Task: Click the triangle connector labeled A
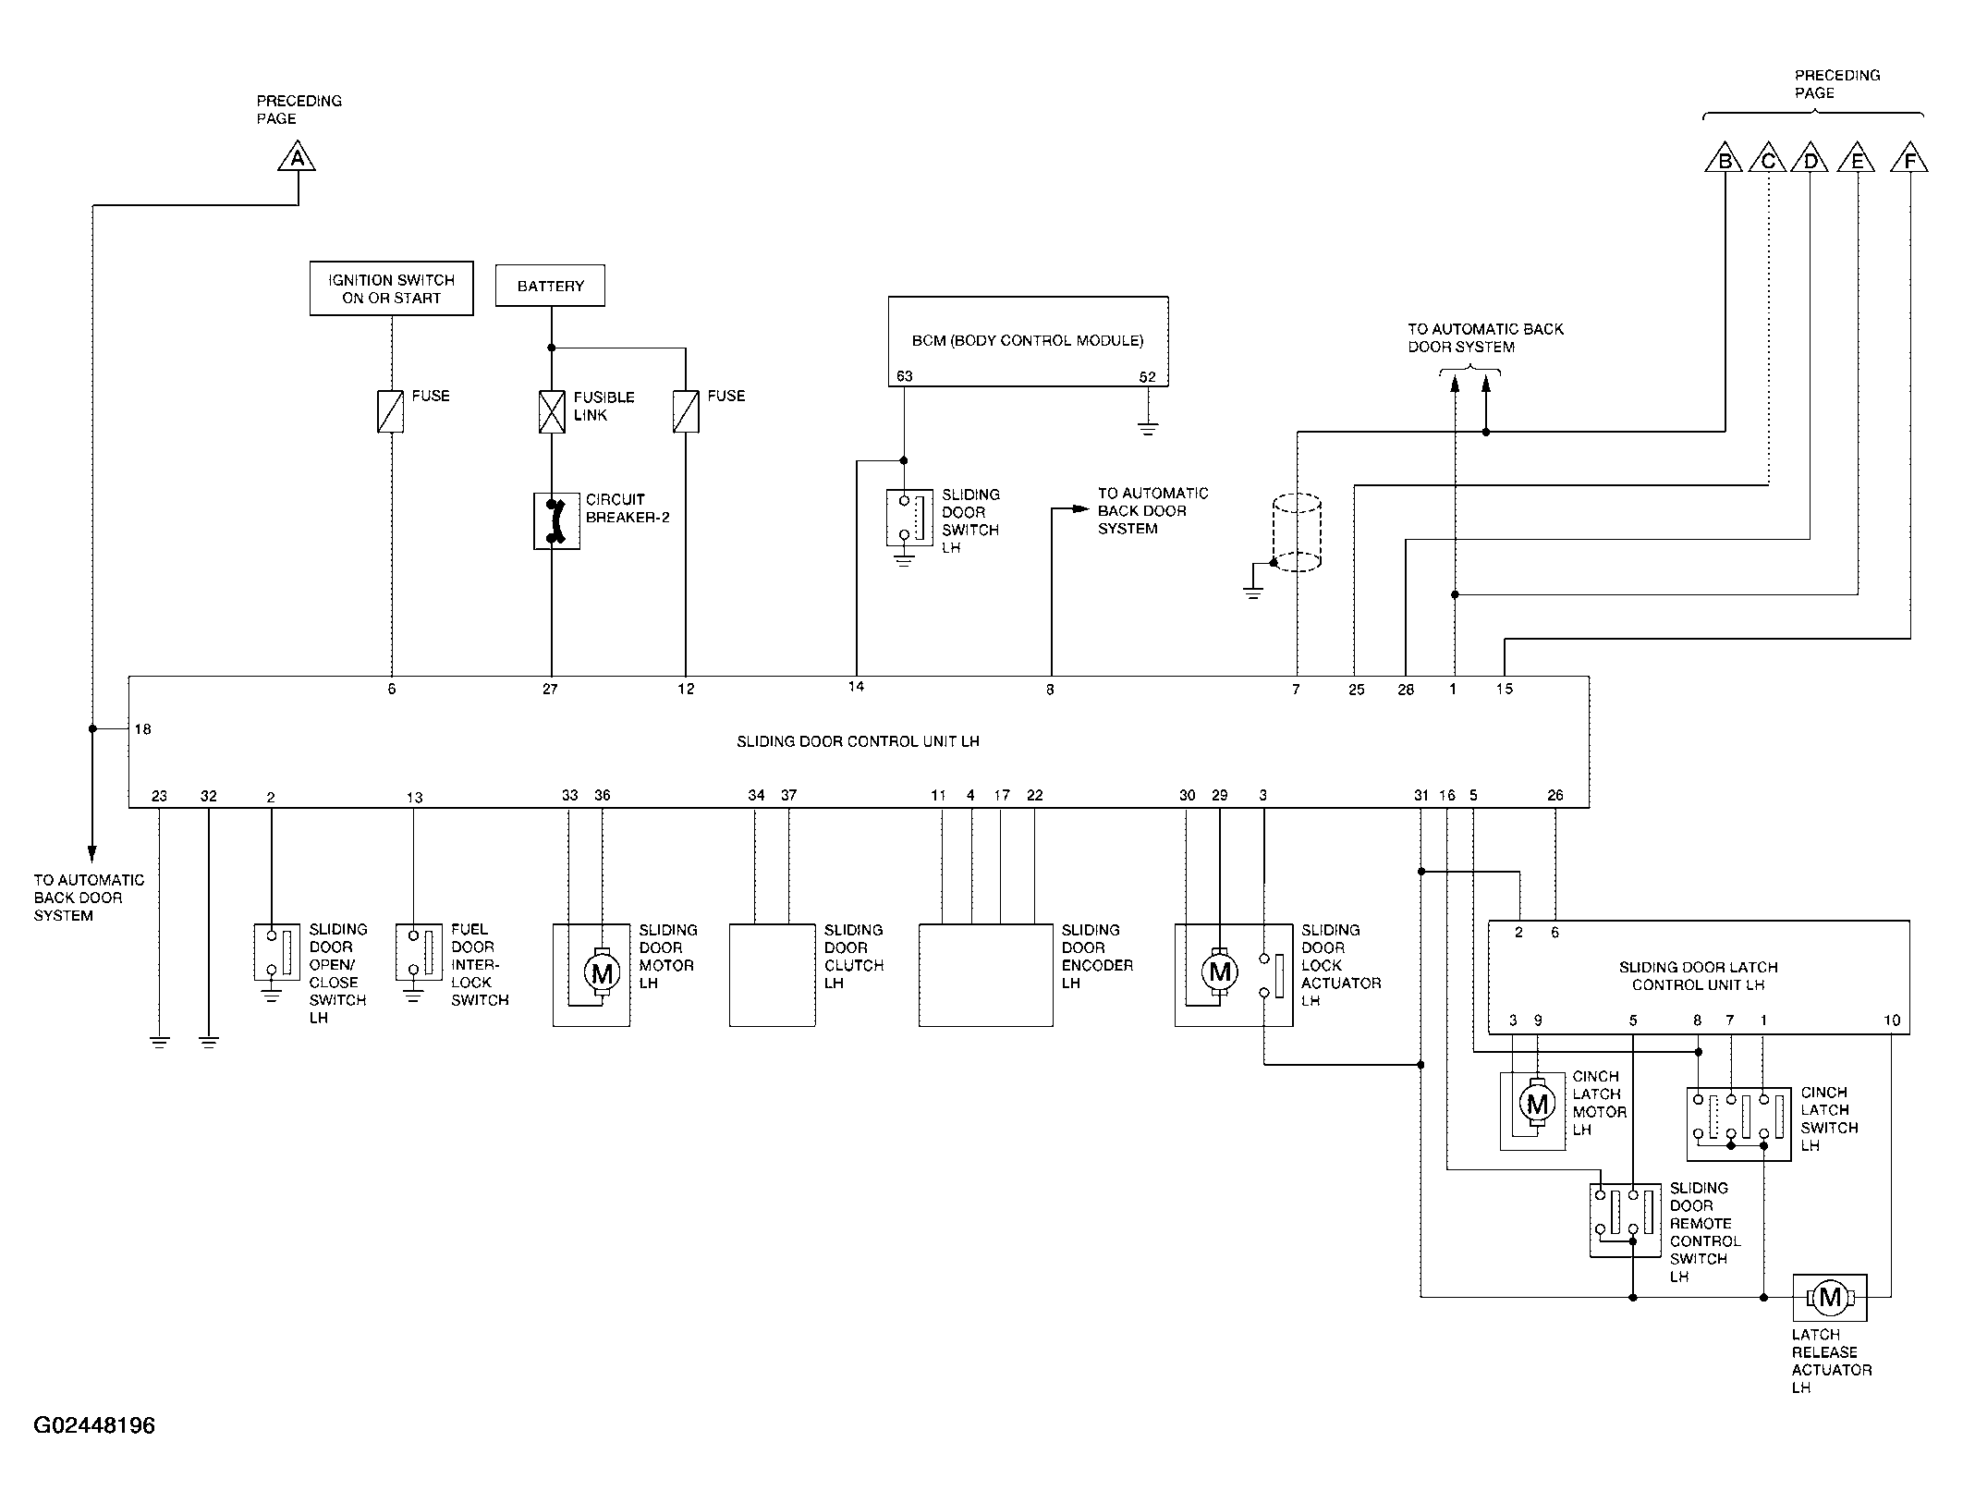tap(297, 157)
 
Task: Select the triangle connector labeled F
tap(1909, 158)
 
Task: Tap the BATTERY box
tap(551, 286)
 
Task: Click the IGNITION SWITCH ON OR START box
tap(392, 288)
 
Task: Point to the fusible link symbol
tap(552, 411)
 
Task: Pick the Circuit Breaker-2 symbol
tap(556, 521)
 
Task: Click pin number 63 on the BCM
tap(904, 376)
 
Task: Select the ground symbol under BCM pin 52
tap(1148, 428)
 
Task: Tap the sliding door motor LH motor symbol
tap(602, 972)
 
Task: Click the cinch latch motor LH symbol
tap(1537, 1103)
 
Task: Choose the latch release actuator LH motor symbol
tap(1830, 1298)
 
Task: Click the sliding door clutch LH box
tap(773, 975)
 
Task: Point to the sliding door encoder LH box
tap(986, 975)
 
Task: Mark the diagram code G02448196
tap(94, 1425)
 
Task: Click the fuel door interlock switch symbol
tap(419, 952)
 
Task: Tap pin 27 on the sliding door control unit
tap(551, 689)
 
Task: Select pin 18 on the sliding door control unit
tap(142, 729)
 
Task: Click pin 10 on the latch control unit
tap(1892, 1020)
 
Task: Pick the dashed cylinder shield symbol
tap(1297, 532)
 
